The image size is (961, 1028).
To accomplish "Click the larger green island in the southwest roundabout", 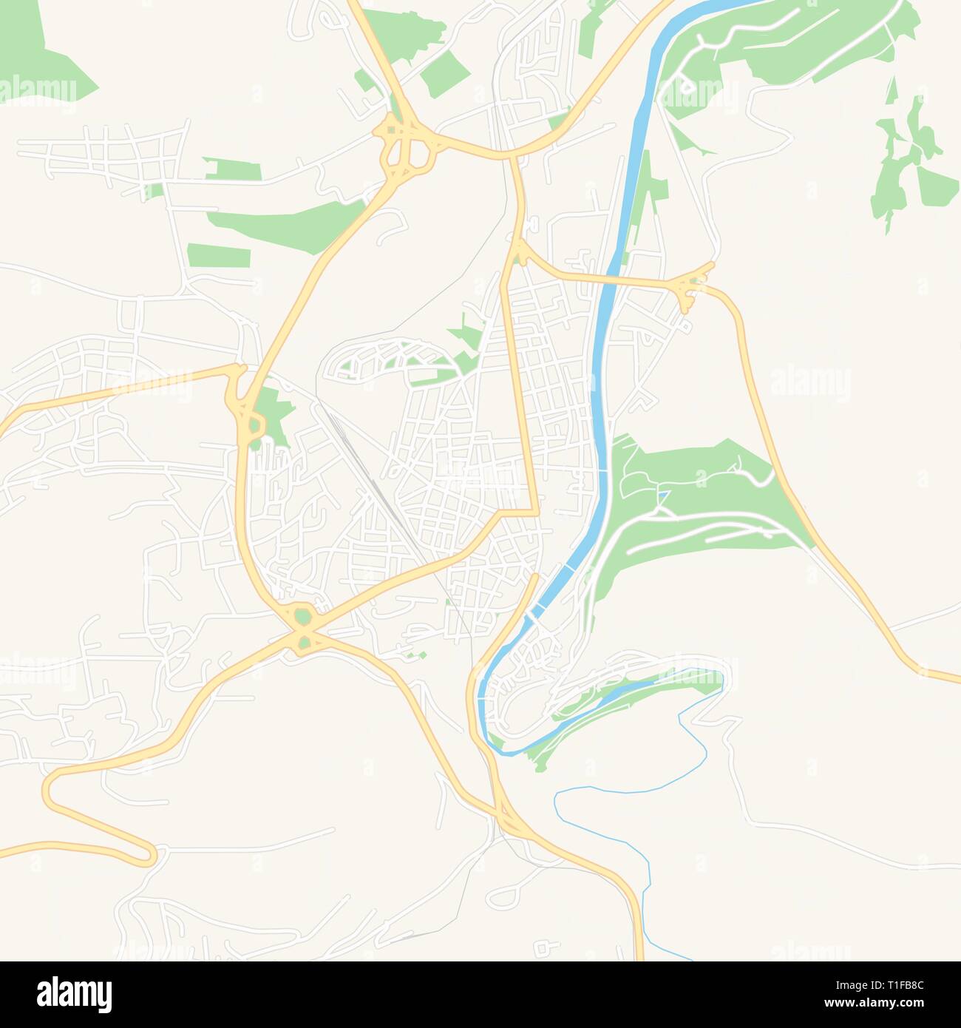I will tap(302, 616).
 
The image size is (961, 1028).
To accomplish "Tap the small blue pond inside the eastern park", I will tap(663, 494).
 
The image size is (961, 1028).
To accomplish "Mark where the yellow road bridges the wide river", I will tap(608, 280).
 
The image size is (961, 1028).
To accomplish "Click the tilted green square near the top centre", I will tap(446, 75).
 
